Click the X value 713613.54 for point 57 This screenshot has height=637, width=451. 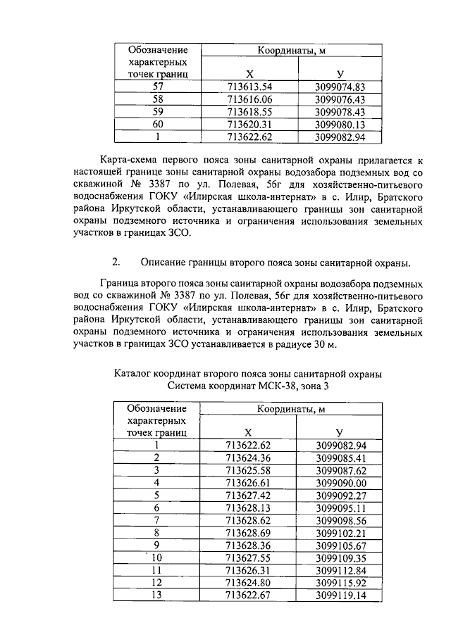point(249,87)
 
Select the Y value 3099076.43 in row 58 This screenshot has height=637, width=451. point(340,99)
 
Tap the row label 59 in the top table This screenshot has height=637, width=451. point(158,112)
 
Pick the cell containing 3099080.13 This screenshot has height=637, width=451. point(340,125)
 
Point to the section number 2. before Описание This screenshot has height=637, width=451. point(116,263)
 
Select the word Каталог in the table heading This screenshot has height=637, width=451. point(135,372)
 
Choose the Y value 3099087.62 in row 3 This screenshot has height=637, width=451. point(340,470)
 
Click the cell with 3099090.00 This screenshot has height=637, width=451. point(340,483)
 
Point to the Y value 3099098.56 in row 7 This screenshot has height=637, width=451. point(340,520)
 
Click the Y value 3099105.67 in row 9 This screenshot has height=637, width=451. point(340,545)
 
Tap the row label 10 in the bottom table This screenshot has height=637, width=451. point(158,558)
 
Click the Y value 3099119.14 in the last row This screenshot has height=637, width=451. point(340,595)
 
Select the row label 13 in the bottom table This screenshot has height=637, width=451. point(158,595)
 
